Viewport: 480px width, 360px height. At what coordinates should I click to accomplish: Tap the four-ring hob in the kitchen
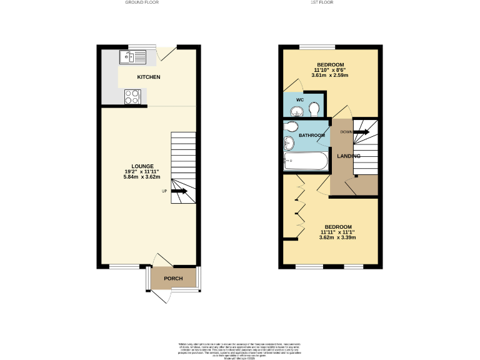point(132,96)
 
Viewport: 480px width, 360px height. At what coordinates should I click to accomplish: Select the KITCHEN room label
point(149,77)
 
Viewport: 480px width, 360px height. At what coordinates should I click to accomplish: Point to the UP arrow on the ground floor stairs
point(180,191)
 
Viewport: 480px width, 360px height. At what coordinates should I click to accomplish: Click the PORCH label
point(173,279)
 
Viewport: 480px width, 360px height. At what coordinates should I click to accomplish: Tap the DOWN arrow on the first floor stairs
point(361,132)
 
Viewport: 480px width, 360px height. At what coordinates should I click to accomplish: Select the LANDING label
point(348,156)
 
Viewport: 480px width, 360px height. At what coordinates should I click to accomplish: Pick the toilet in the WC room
point(314,109)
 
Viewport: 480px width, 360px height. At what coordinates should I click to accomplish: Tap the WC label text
point(299,99)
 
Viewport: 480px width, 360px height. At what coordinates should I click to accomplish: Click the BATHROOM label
point(311,136)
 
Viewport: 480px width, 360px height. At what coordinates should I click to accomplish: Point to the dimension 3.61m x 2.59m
point(329,76)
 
